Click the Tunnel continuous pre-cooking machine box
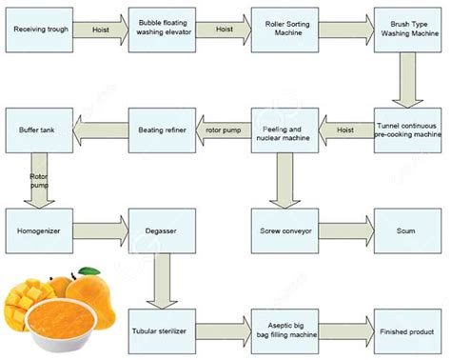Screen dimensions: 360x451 (406, 130)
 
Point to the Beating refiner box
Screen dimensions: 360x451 (160, 130)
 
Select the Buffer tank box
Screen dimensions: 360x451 (38, 130)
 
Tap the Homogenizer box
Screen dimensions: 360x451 (38, 230)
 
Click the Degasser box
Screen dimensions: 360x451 (160, 230)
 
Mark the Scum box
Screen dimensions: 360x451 (406, 230)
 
